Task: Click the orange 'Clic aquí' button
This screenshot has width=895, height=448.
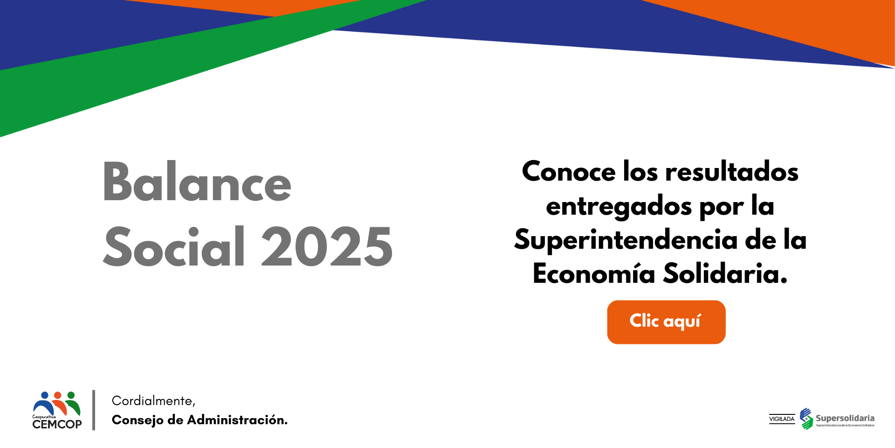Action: pos(666,322)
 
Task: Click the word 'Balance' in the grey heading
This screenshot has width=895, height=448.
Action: pos(197,182)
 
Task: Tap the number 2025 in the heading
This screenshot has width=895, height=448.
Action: pos(327,247)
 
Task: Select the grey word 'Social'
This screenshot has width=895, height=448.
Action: pos(174,246)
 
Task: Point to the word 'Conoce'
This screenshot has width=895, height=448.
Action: pos(569,171)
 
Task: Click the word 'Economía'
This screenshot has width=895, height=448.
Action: pos(594,273)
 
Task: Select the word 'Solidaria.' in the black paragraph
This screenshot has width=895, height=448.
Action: pos(725,273)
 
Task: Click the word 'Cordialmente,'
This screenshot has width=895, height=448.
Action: pos(153,401)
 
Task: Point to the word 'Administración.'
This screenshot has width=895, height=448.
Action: pos(237,420)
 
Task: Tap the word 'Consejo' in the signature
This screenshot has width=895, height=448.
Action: pos(138,420)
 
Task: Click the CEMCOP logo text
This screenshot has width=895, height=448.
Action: pos(57,424)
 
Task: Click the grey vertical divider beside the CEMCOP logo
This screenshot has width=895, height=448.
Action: pos(94,410)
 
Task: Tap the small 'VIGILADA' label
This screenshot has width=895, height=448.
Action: pos(782,419)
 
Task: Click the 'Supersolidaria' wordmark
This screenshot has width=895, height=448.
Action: pos(845,418)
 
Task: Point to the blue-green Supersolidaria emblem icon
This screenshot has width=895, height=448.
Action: pos(806,419)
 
